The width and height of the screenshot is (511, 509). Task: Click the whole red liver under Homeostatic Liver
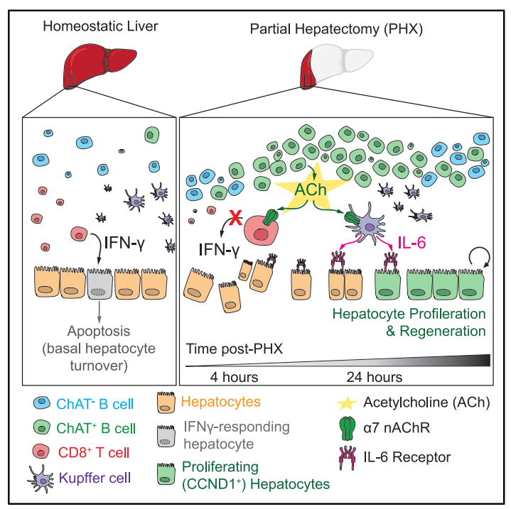[x=92, y=63]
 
